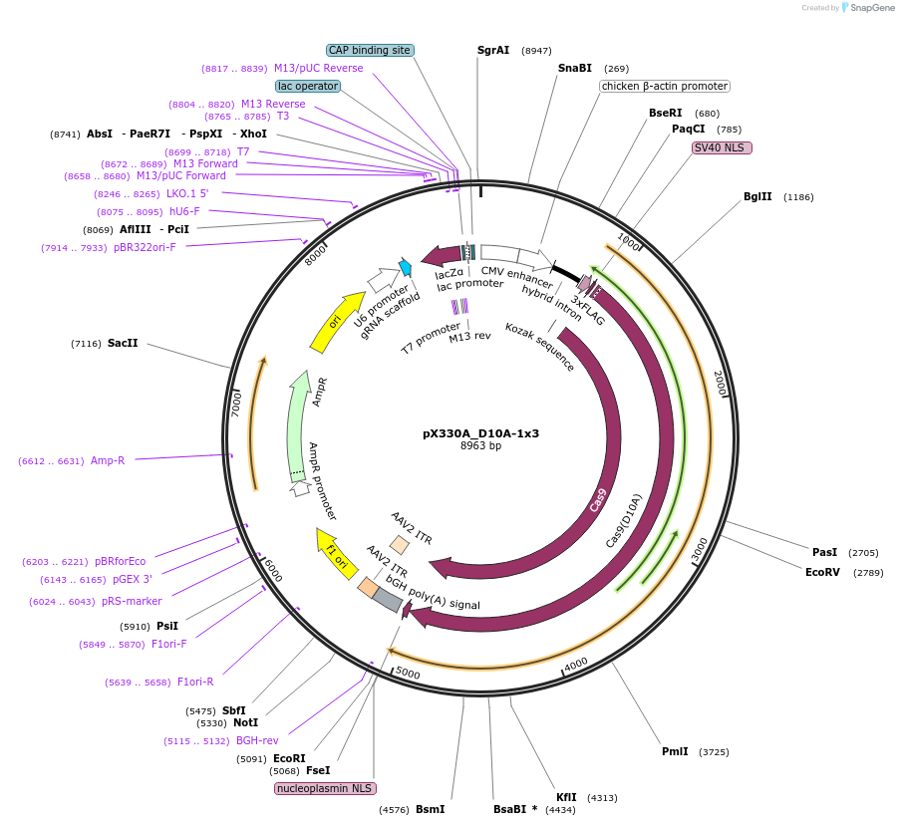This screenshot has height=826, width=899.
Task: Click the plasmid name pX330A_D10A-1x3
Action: [480, 433]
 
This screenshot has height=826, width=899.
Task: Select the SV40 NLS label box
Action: [722, 147]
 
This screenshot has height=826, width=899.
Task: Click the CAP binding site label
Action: [370, 50]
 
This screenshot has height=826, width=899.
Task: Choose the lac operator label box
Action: [308, 87]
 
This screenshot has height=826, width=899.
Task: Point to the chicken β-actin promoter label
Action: [664, 87]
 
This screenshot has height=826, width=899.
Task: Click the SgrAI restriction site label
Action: [493, 50]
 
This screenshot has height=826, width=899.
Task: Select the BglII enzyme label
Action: [757, 196]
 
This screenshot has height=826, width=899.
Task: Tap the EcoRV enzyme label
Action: [823, 572]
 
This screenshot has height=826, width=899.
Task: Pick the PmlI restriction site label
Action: [675, 751]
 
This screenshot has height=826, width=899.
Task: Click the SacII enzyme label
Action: [123, 343]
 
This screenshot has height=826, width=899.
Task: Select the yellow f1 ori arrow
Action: [333, 546]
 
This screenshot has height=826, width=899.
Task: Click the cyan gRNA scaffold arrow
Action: [406, 266]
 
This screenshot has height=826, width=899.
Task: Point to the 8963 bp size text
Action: [480, 446]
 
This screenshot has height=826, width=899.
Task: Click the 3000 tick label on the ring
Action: [699, 548]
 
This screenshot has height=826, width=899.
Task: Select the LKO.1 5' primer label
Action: [187, 193]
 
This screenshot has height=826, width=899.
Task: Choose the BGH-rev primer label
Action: [256, 740]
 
